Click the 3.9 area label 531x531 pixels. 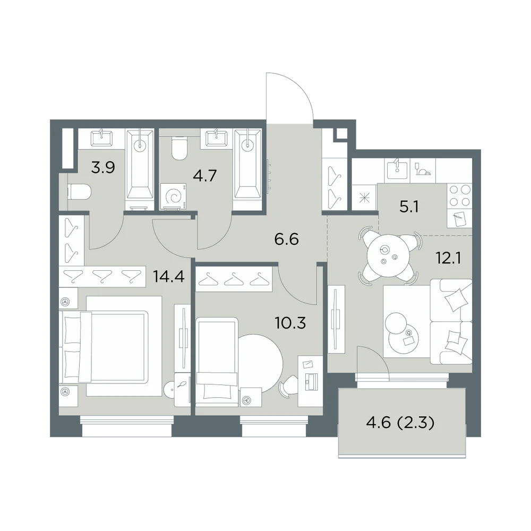point(103,167)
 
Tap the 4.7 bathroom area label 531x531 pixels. point(204,176)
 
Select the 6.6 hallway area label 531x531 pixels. point(287,239)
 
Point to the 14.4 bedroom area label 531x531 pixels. point(169,277)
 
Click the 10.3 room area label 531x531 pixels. point(290,323)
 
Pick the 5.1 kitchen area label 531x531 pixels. point(409,207)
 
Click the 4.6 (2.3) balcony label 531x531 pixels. point(400,423)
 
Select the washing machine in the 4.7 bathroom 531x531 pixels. point(175,197)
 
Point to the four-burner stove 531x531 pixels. point(459,196)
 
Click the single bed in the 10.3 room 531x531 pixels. point(217,359)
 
